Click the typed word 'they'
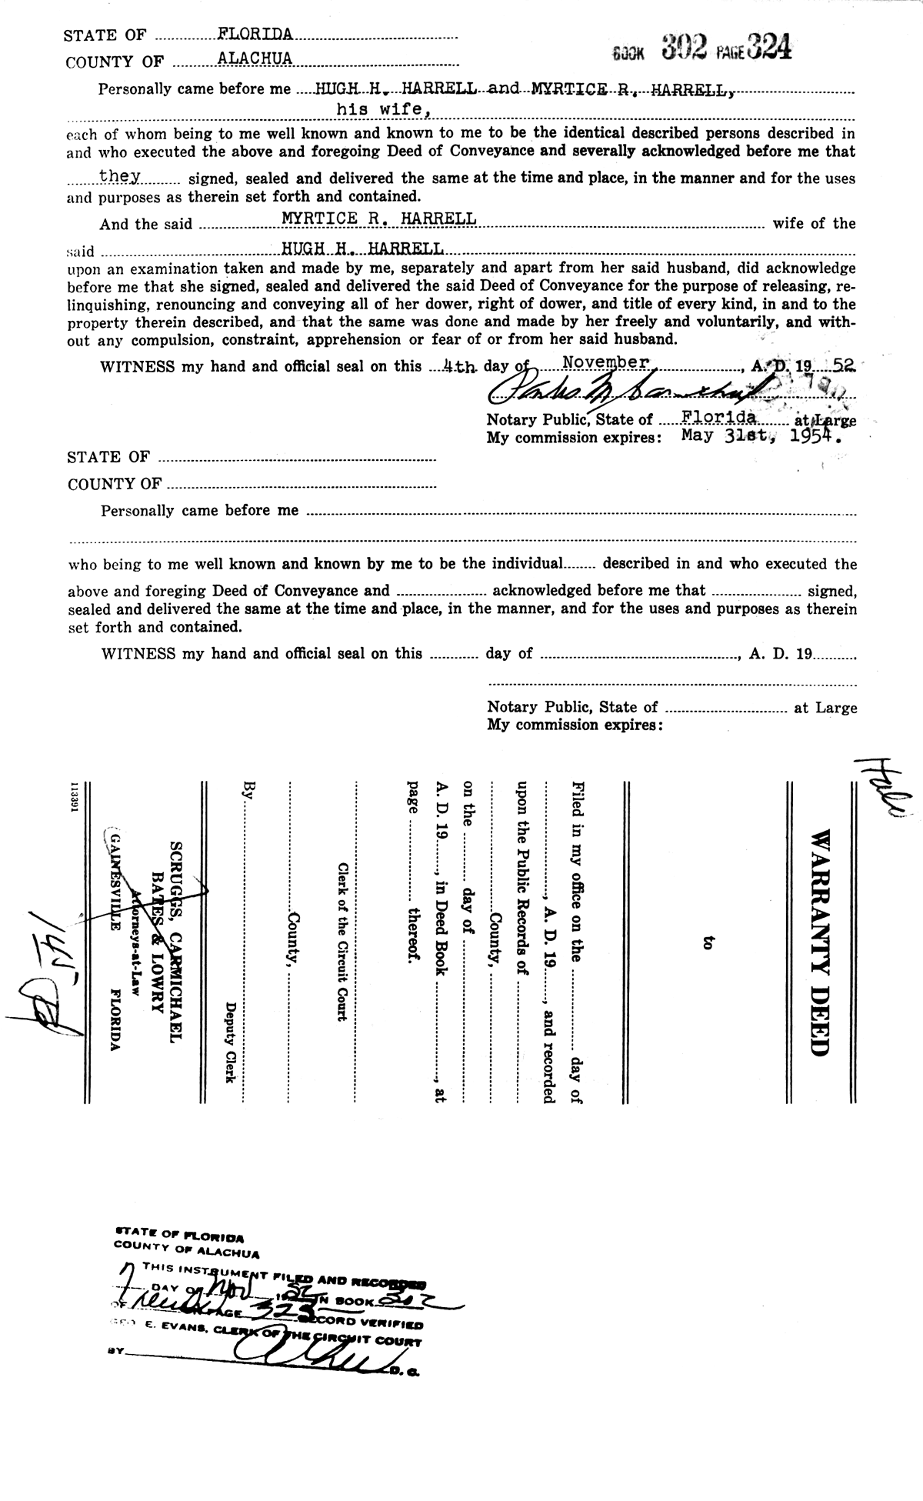pos(119,175)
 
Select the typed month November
pos(605,361)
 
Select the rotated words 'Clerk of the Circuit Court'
pos(338,942)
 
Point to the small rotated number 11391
pos(75,796)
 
